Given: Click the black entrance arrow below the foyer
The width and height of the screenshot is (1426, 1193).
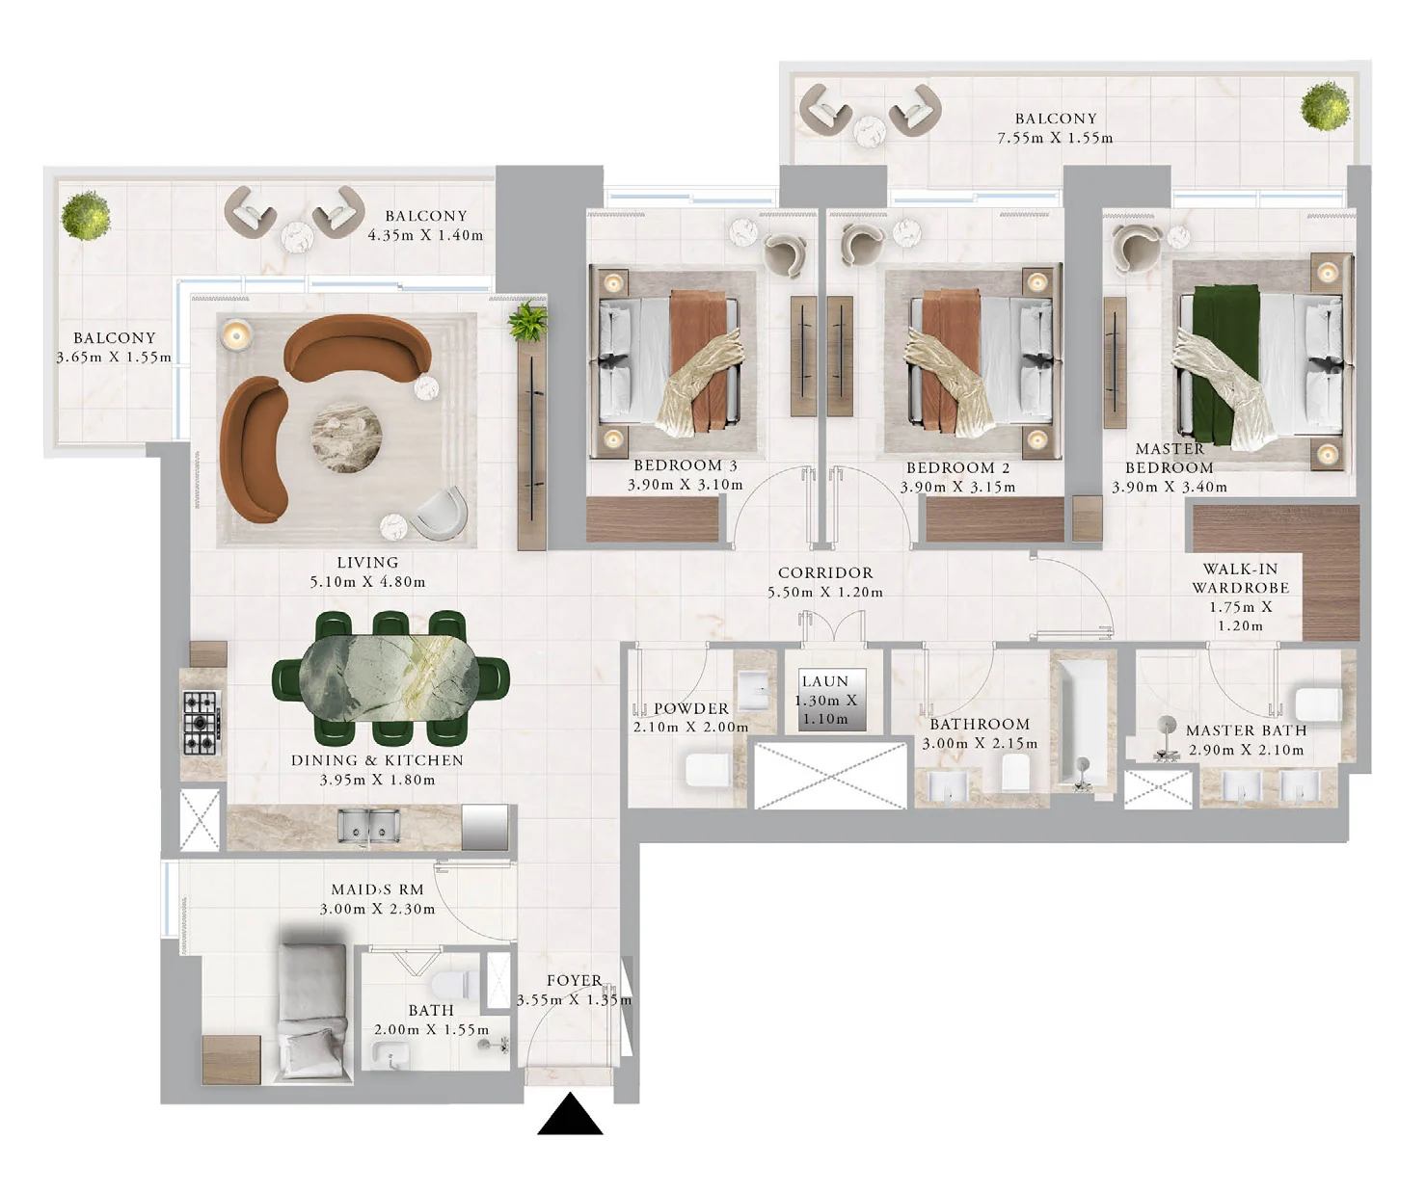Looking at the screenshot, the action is (570, 1115).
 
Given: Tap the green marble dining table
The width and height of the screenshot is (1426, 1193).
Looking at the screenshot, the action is (388, 678).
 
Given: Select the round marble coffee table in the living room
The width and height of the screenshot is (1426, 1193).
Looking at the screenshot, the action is (346, 437).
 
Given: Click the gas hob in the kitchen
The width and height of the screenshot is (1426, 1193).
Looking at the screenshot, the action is (202, 723).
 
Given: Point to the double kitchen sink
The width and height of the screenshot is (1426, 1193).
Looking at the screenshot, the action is (368, 826).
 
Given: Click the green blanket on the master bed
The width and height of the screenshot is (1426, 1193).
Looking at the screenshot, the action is (1225, 364).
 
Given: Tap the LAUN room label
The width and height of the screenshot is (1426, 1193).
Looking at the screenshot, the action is (825, 681).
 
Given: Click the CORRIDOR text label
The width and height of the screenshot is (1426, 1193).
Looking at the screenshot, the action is (825, 572).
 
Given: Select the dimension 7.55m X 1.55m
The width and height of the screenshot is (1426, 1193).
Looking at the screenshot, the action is (1055, 138).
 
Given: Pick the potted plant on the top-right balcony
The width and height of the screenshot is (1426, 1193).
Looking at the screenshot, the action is (1325, 106).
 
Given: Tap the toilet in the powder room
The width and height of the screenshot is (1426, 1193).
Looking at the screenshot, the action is (709, 771).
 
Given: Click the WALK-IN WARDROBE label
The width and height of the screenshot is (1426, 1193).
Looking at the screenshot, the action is (1240, 578).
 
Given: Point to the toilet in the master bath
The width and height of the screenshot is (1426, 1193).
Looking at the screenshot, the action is (1319, 703).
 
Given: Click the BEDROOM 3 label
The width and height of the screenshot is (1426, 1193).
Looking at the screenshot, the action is (685, 465).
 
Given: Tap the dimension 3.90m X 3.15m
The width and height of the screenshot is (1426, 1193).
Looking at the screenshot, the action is (957, 488).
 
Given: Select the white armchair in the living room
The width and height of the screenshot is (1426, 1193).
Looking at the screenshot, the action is (441, 514).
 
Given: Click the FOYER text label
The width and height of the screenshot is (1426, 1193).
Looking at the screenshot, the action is (575, 980).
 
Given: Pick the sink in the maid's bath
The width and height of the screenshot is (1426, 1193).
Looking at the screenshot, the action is (390, 1056).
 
